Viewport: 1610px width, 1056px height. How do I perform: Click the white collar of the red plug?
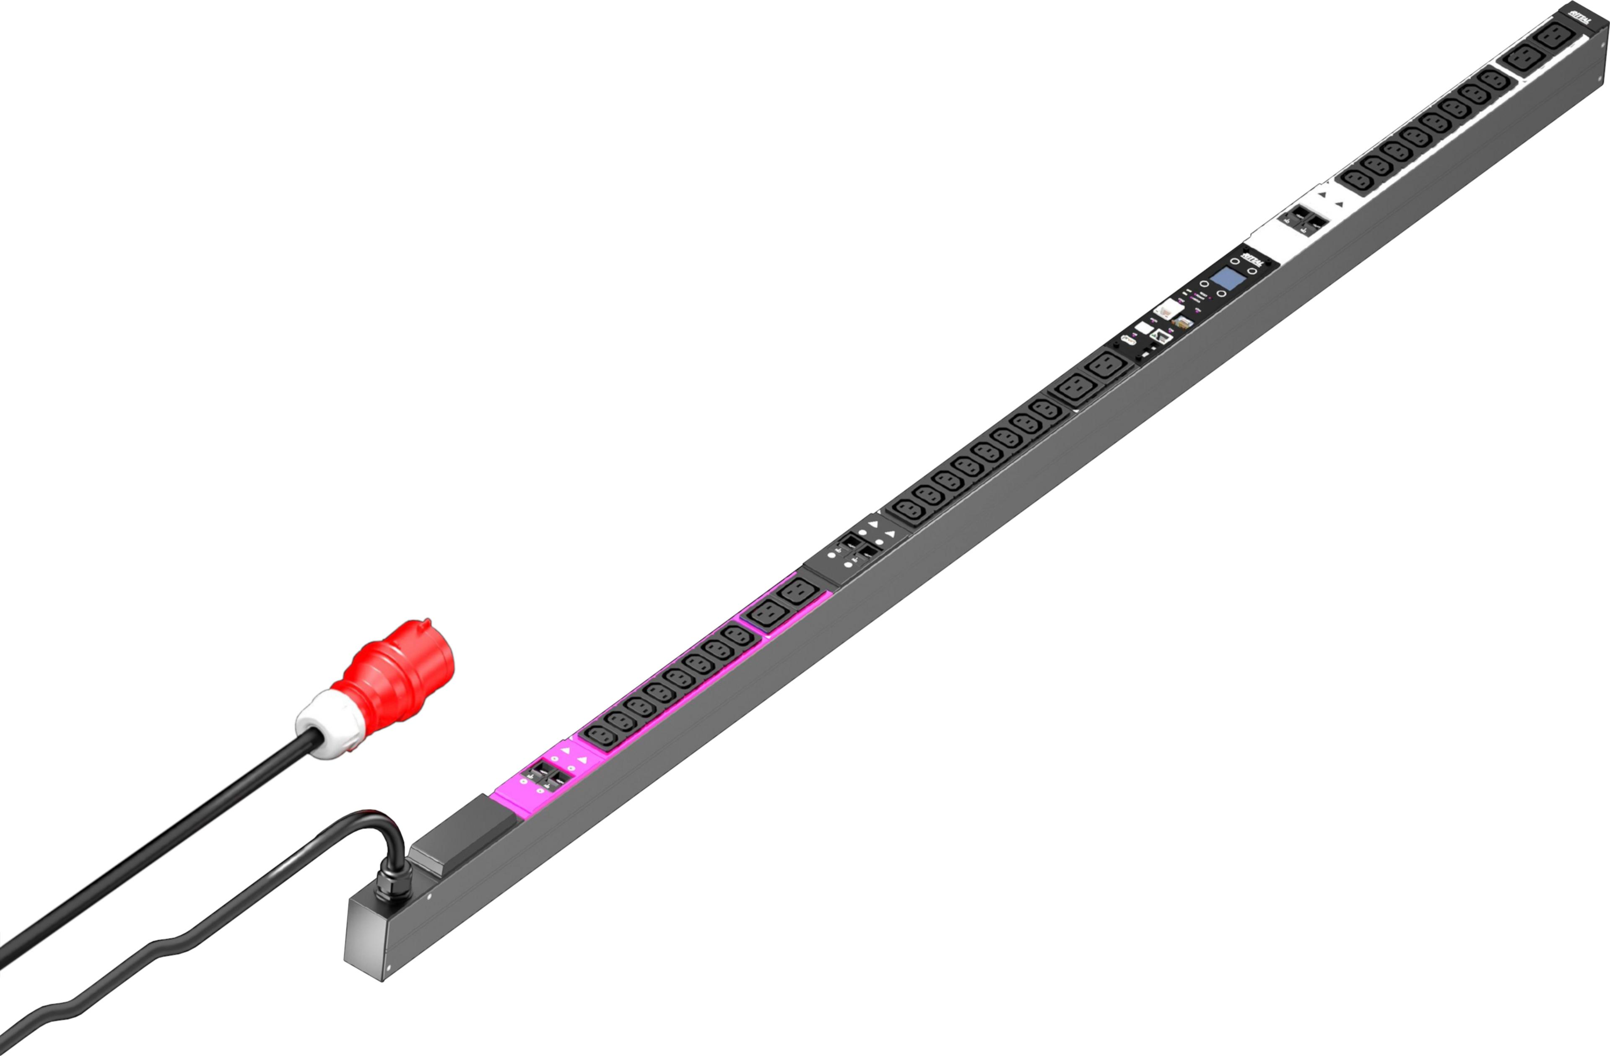(x=328, y=724)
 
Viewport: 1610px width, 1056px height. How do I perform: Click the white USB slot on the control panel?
(x=1143, y=327)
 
